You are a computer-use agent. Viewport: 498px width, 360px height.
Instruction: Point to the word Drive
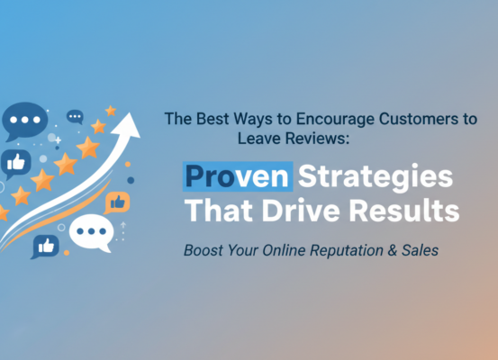point(302,212)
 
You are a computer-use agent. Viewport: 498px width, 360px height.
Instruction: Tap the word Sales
point(421,251)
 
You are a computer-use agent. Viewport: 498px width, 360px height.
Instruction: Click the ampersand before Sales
point(394,251)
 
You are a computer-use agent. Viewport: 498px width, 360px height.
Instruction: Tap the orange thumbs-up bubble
point(117,202)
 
